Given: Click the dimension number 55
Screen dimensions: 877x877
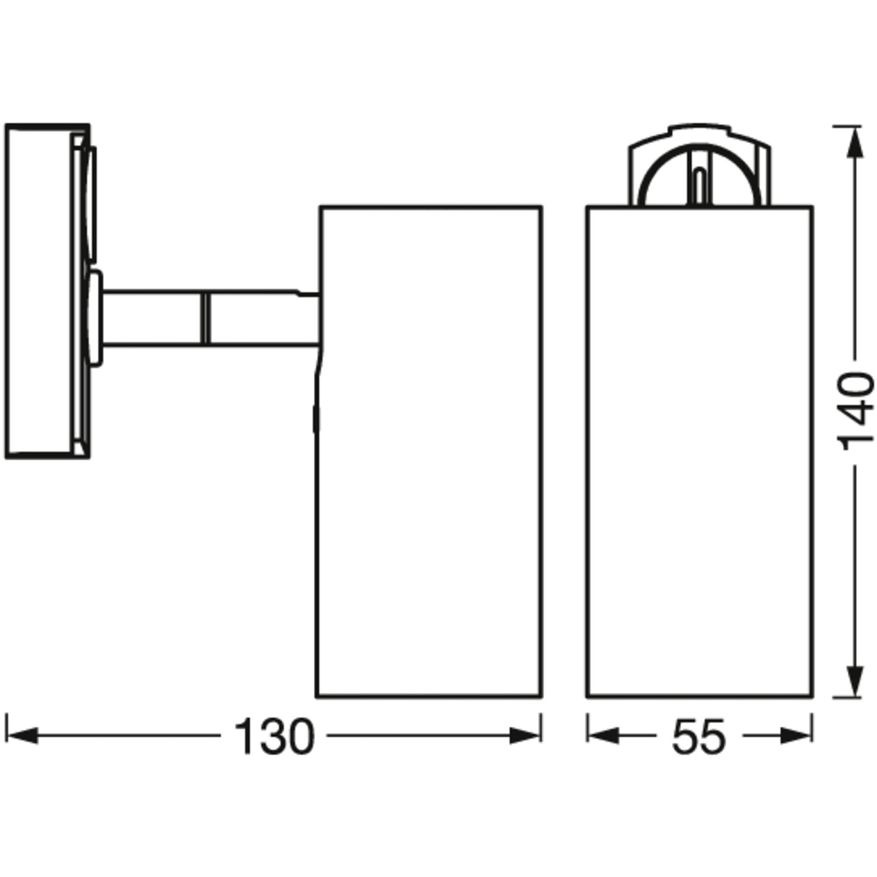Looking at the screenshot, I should point(699,737).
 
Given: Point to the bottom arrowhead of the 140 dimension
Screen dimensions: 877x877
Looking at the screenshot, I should point(855,681).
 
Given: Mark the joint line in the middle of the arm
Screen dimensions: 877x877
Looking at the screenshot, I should point(205,318).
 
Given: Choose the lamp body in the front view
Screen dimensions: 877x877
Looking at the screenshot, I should point(699,450).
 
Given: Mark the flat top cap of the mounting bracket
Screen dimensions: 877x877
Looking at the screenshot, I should point(699,129).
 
